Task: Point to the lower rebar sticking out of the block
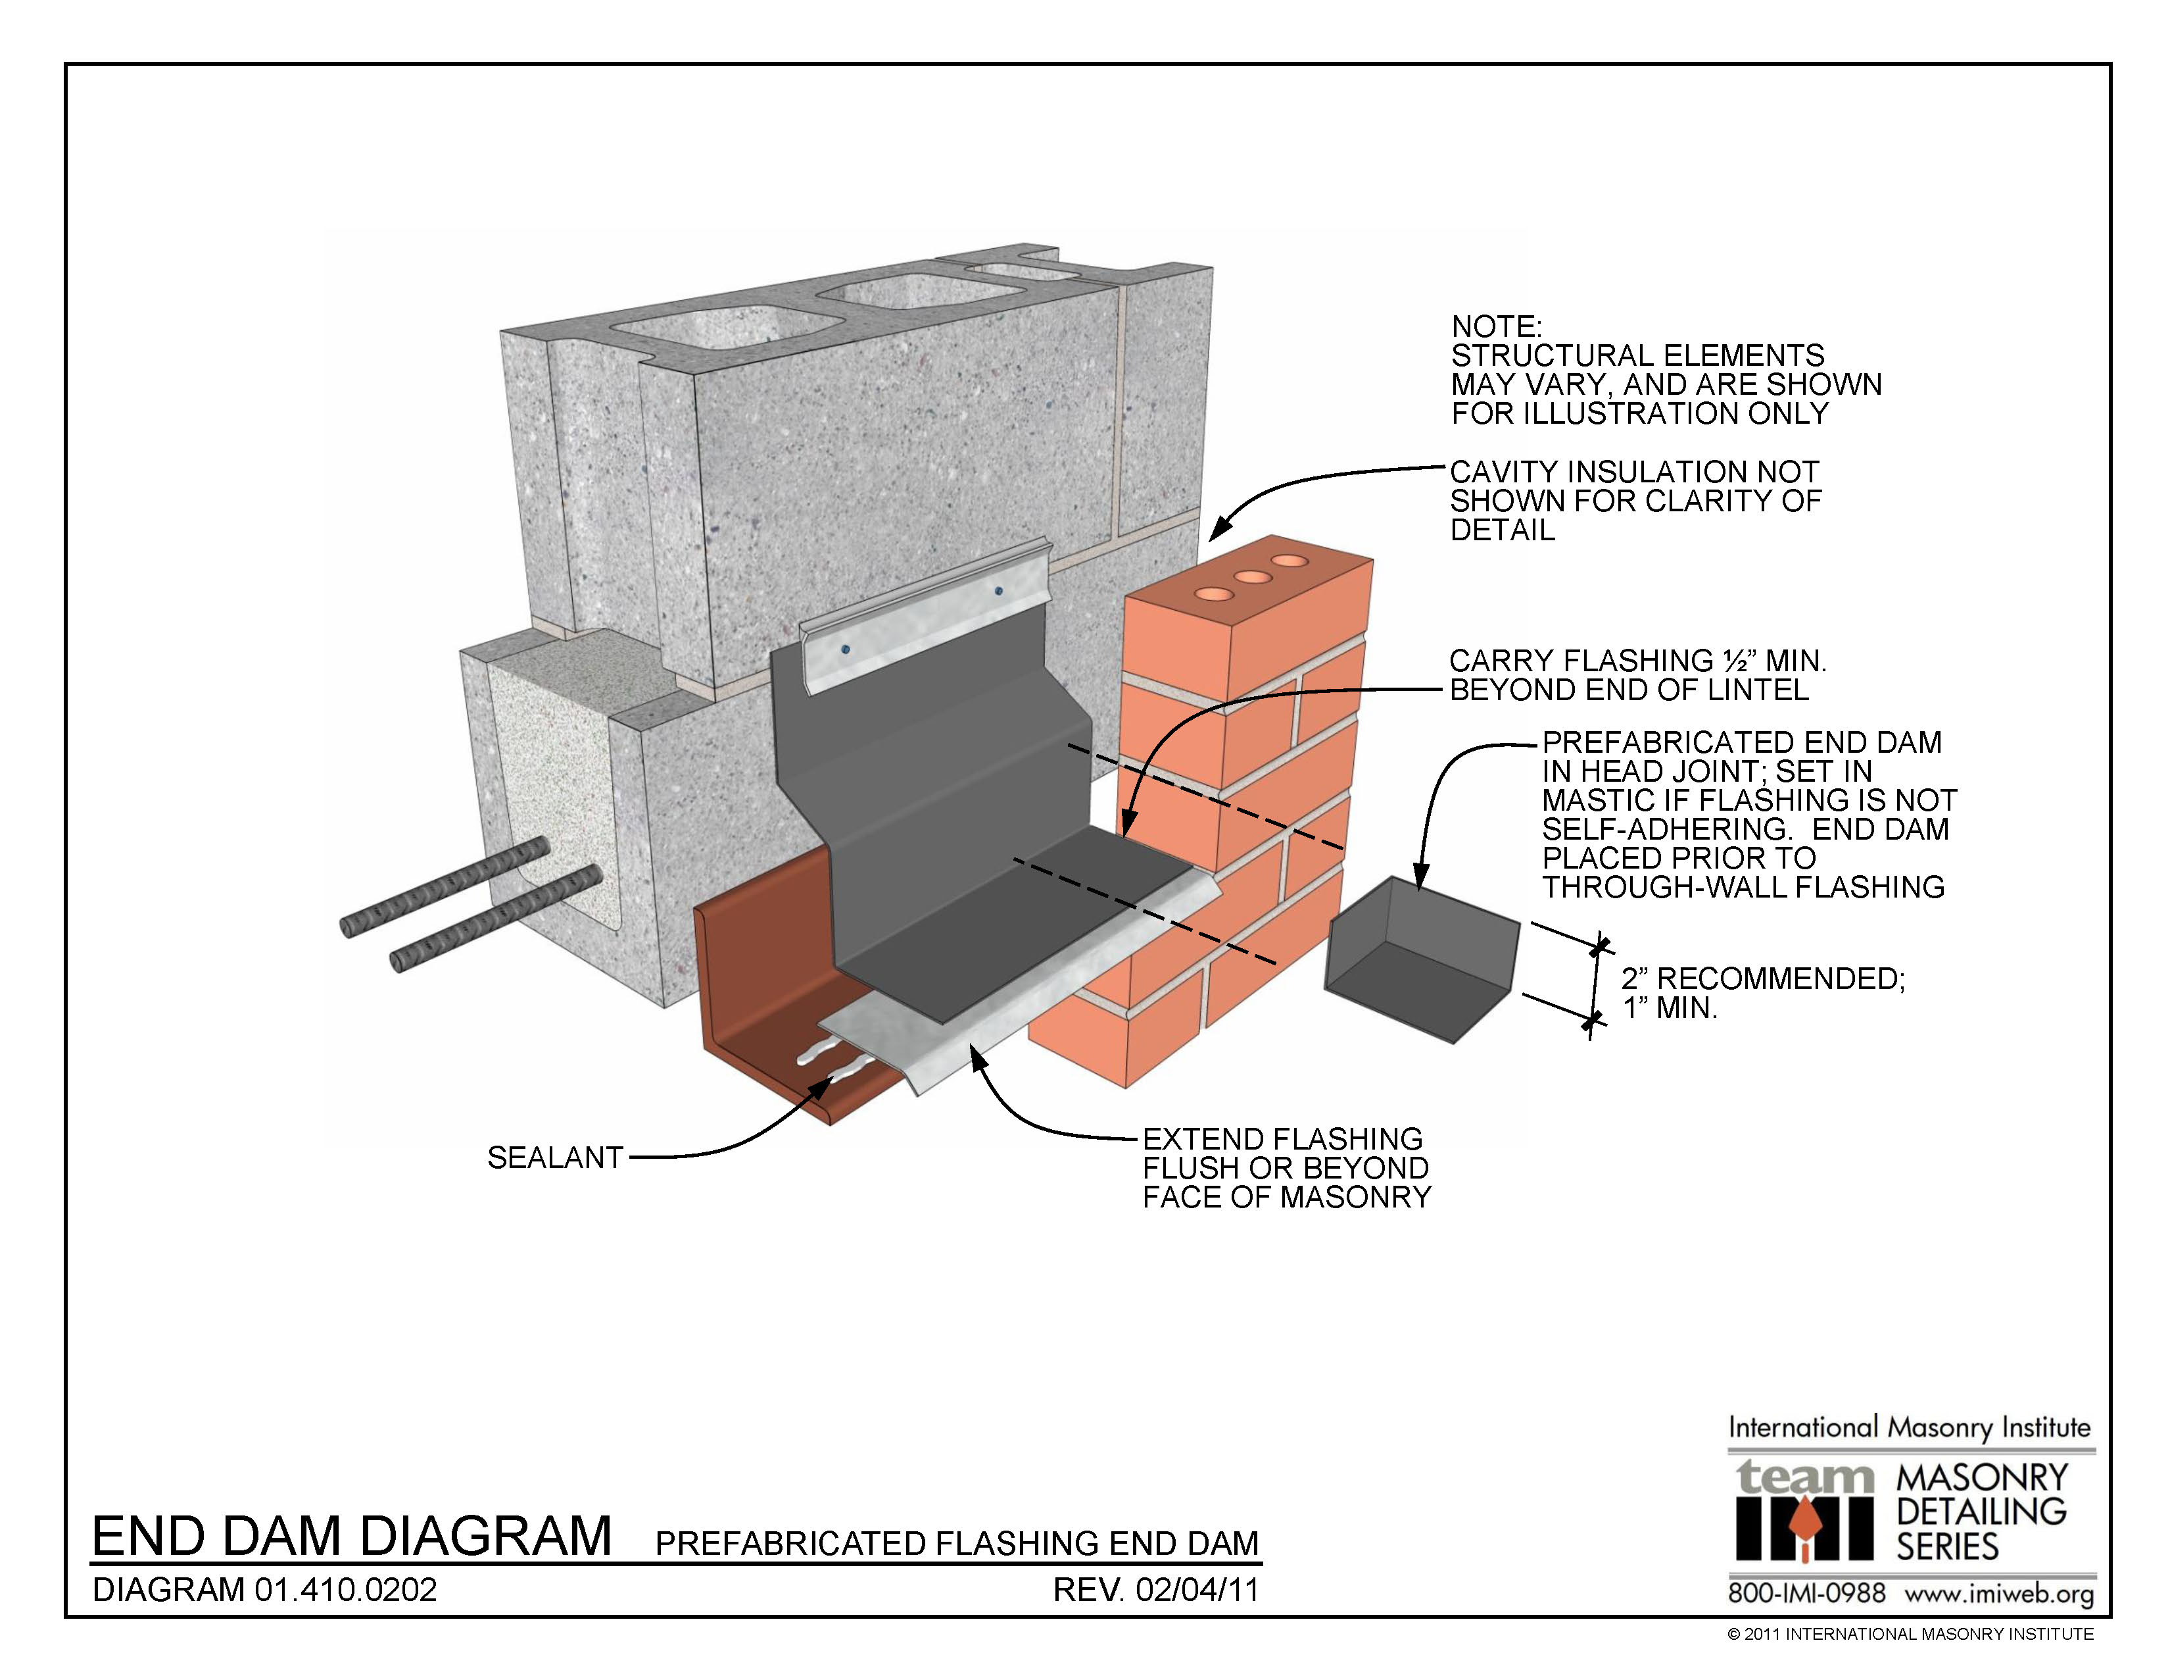click(494, 919)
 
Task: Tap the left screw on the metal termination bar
click(846, 650)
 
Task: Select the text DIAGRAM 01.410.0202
click(264, 1590)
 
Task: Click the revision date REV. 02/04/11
click(1155, 1590)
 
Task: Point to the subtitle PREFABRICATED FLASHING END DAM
click(957, 1543)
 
